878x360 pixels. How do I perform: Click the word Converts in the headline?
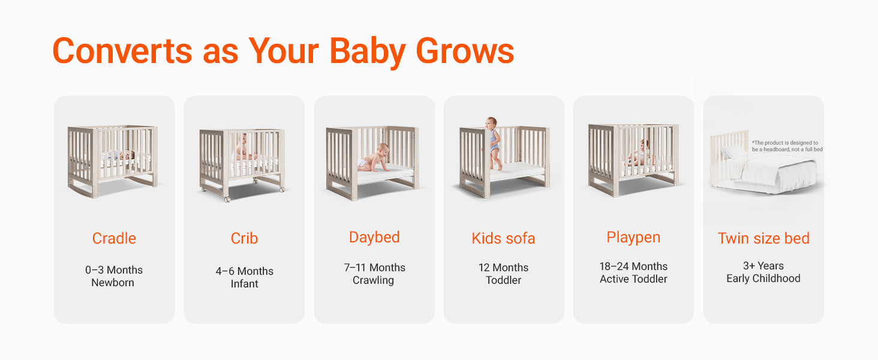tap(122, 51)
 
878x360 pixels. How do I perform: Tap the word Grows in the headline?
tap(465, 51)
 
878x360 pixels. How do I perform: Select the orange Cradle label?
tap(114, 238)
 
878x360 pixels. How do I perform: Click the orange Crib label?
tap(244, 238)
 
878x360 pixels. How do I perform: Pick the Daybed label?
tap(374, 238)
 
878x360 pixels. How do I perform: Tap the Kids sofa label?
tap(503, 238)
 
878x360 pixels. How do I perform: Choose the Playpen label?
tap(633, 238)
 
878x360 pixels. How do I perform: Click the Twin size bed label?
tap(763, 238)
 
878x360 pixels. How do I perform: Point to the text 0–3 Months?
tap(114, 270)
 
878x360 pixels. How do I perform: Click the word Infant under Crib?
tap(244, 284)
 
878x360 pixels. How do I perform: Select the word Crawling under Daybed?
tap(373, 280)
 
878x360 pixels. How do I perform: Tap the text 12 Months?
tap(503, 268)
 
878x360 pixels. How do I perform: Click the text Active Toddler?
tap(633, 279)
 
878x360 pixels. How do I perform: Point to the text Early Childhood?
tap(763, 278)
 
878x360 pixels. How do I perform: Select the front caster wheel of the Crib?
tap(227, 200)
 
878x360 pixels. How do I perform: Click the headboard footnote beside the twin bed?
tap(787, 146)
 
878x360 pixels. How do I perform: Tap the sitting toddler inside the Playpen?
tap(641, 154)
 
